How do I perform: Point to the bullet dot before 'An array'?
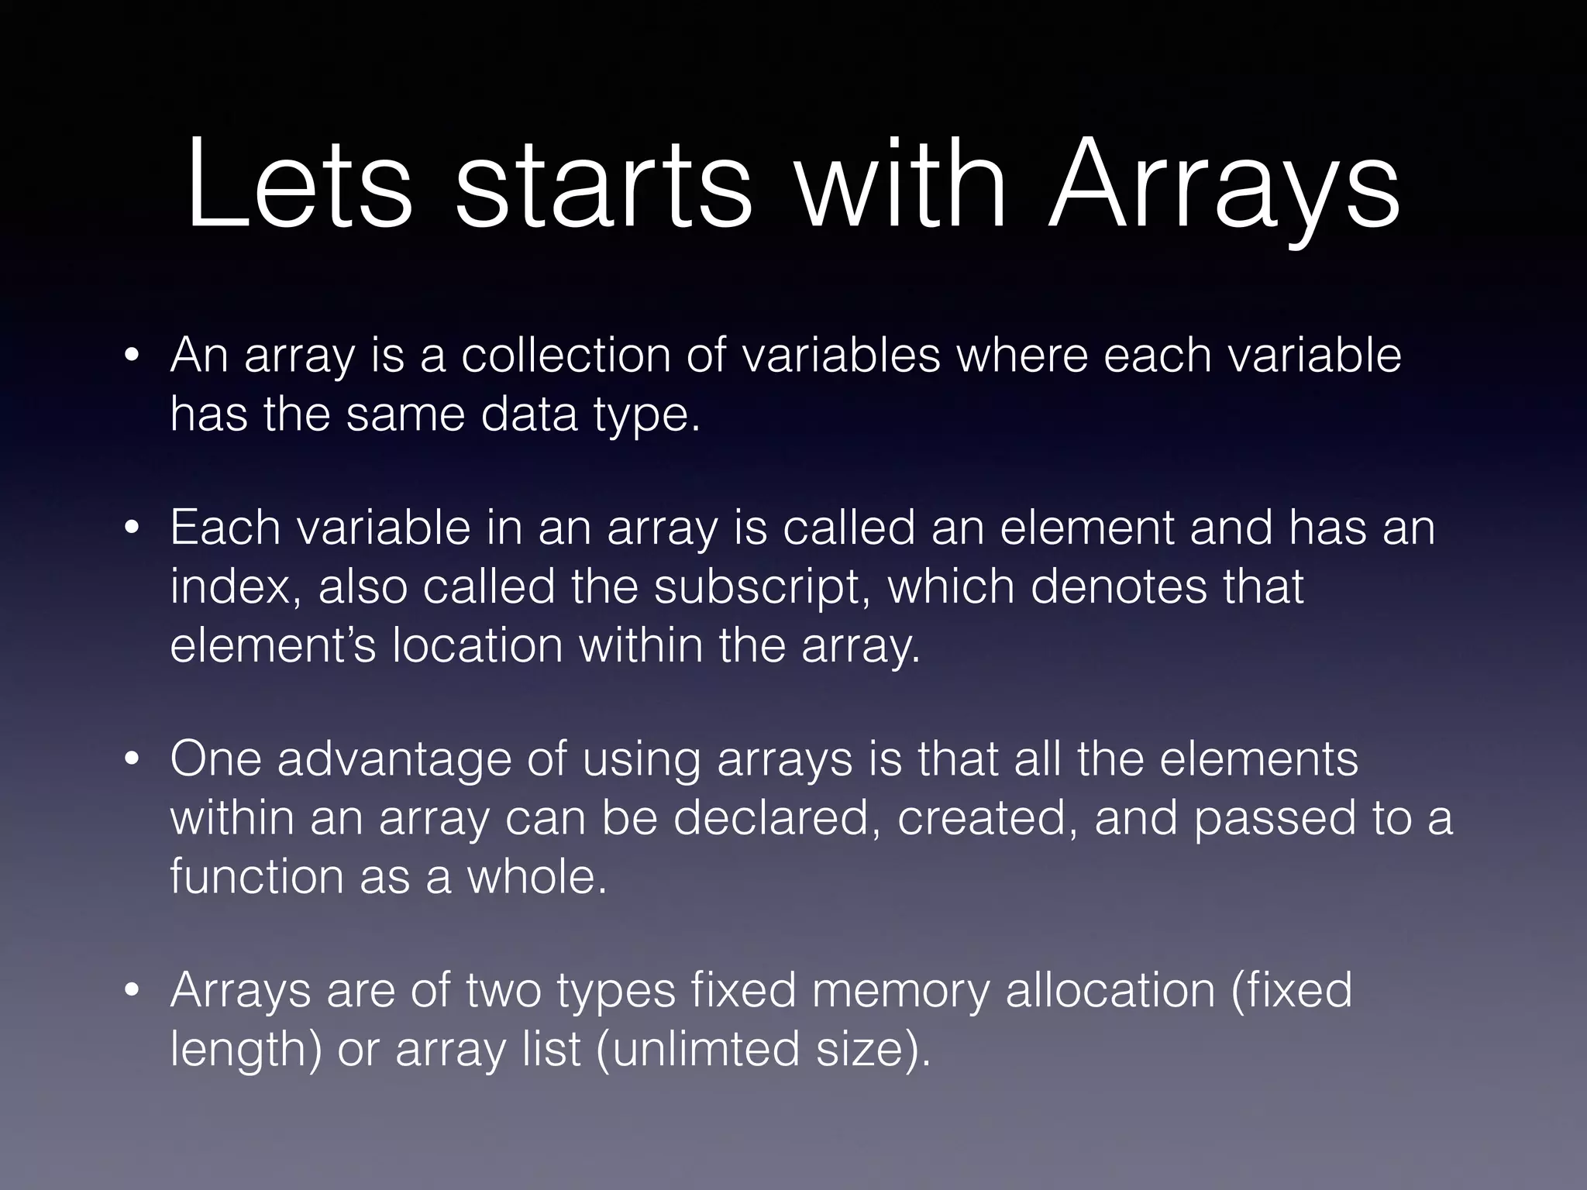(133, 357)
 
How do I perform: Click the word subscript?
(762, 586)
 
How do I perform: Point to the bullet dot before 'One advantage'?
(133, 760)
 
